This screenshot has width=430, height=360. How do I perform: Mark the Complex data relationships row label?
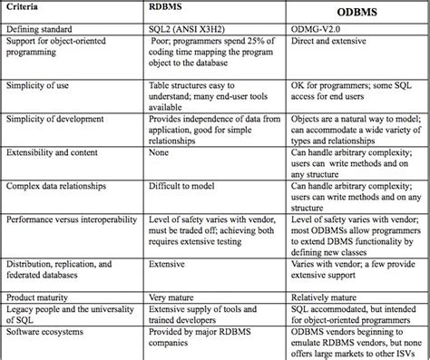coord(57,185)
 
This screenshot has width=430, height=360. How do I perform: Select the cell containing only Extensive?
coord(169,265)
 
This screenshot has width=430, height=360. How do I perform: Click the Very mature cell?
coord(173,297)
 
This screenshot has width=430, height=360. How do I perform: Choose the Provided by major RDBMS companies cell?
coord(191,337)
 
